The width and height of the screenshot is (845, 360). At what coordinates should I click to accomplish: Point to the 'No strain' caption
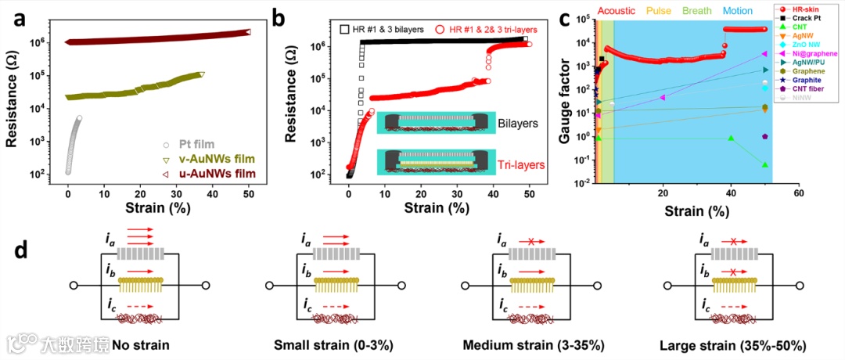141,345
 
